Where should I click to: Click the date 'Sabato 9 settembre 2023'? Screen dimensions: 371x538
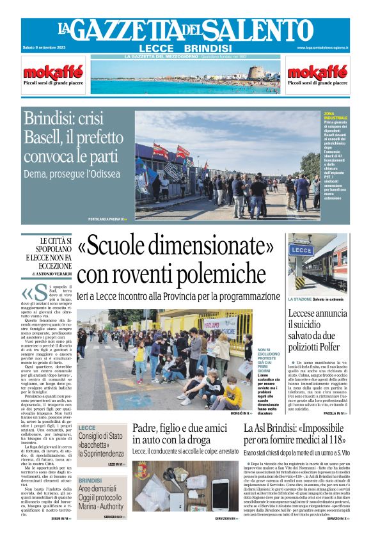[x=43, y=47]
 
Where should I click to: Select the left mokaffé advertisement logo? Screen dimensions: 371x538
[x=53, y=71]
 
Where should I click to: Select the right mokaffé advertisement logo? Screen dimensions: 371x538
[x=317, y=71]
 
